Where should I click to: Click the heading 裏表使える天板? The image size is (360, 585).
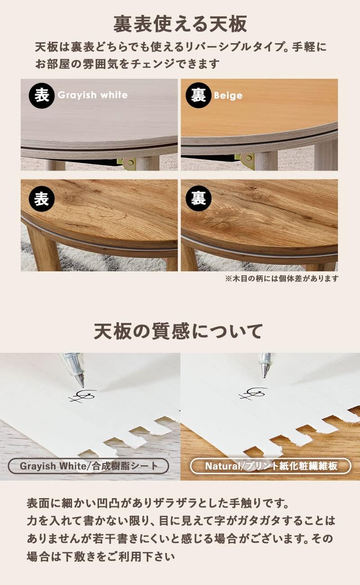tap(180, 24)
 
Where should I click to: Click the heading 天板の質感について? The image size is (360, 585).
tap(179, 332)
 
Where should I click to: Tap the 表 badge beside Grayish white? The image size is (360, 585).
tap(41, 95)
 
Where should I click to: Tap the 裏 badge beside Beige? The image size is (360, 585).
tap(198, 95)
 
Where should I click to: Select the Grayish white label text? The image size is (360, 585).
tap(92, 95)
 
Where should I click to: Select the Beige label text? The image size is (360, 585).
tap(228, 95)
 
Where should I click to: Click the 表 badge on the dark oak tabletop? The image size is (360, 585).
tap(41, 199)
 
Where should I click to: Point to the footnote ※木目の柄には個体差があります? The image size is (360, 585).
tap(281, 279)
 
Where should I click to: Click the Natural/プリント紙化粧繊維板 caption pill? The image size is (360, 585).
tap(270, 466)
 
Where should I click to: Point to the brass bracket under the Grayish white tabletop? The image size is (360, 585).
tap(128, 162)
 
